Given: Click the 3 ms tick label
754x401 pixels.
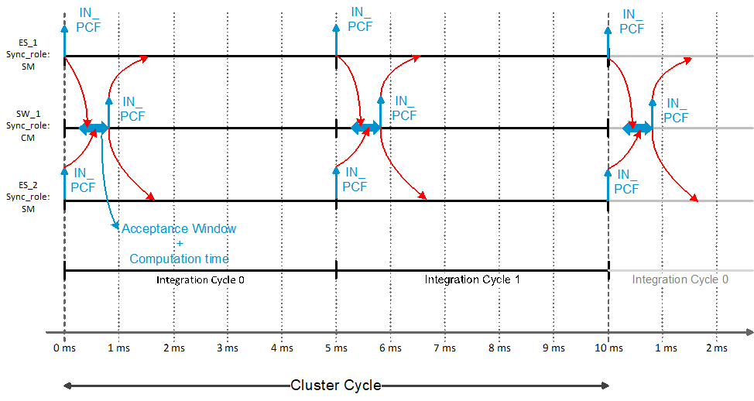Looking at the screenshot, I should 228,348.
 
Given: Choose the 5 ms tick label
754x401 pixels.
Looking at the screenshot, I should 336,348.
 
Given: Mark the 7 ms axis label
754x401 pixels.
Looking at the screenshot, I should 444,348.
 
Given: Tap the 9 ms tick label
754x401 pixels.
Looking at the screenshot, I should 553,348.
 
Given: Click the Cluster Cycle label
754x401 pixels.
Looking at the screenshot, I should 336,386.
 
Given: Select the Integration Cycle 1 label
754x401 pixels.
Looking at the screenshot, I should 472,279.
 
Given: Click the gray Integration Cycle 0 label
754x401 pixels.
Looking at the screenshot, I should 680,279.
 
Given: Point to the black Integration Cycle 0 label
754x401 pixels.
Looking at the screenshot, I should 200,279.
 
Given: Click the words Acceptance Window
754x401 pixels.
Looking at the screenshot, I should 179,229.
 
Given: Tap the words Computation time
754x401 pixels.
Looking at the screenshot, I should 179,259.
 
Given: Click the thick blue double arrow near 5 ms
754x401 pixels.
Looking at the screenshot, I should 366,128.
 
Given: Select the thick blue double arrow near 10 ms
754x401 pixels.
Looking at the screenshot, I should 637,128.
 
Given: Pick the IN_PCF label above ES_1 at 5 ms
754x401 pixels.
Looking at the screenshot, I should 360,19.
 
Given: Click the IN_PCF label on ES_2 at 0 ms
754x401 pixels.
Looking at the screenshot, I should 83,180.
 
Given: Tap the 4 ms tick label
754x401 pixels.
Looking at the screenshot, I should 282,348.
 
